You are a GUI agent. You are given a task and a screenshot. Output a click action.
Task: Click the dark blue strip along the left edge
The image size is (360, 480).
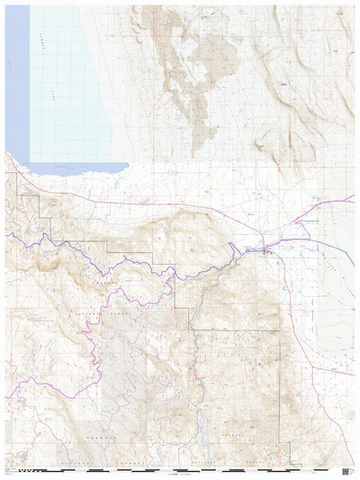click(x=15, y=81)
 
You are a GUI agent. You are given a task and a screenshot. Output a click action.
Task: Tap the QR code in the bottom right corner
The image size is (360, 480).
click(x=349, y=469)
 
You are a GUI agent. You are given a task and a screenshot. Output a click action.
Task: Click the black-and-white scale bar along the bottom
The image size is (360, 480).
click(x=180, y=470)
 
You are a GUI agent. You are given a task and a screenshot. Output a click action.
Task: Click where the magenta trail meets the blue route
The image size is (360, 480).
click(x=171, y=275)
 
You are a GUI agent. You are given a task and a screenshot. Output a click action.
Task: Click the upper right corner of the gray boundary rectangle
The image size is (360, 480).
click(x=279, y=331)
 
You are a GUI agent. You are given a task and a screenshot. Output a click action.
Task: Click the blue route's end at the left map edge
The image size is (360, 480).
click(x=6, y=235)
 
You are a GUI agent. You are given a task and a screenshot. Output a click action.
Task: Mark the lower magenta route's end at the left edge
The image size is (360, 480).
click(x=6, y=396)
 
